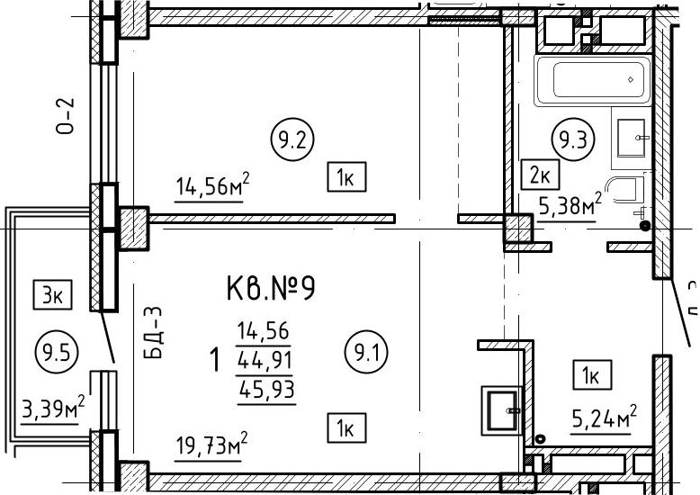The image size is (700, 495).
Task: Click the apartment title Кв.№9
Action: [271, 288]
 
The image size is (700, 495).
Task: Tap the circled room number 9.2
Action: [292, 139]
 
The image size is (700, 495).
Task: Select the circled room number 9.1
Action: [366, 353]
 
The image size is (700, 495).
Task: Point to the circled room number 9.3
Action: [573, 140]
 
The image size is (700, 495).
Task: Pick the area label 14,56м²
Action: [211, 186]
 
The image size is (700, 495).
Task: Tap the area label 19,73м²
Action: [211, 445]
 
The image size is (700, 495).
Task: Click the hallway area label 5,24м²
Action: [604, 418]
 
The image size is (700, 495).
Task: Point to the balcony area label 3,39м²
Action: [53, 408]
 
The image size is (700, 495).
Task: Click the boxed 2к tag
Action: [540, 175]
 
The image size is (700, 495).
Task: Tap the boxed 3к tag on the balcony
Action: [53, 294]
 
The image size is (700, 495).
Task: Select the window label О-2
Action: [65, 116]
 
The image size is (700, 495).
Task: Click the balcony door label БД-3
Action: [154, 333]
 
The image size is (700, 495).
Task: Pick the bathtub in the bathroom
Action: [592, 80]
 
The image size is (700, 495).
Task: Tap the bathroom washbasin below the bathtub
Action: [631, 138]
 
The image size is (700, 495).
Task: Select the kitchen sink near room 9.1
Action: [502, 410]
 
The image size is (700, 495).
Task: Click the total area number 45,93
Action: [267, 390]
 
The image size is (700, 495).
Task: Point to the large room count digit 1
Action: [215, 360]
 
